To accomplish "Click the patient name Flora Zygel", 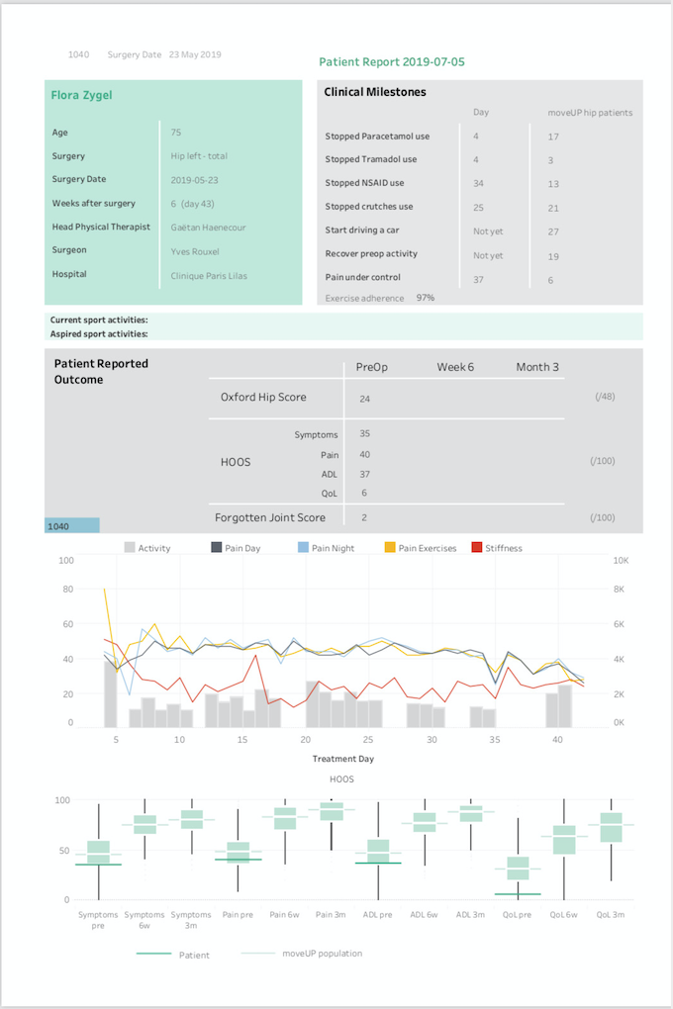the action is (82, 95).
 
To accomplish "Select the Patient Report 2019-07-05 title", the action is (392, 61).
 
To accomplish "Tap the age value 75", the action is (176, 133).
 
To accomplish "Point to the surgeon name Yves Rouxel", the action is (195, 251).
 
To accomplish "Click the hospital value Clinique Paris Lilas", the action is (209, 275).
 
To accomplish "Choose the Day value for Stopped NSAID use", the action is (478, 183).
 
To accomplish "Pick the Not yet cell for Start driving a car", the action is (488, 231).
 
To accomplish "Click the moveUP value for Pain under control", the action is (550, 280).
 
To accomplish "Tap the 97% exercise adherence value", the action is (425, 298).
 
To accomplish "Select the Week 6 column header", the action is (455, 367).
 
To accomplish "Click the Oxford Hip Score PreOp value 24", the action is (364, 399).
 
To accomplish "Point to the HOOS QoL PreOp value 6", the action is (364, 493).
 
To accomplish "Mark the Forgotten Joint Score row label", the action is (270, 517).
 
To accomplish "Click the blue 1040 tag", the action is (72, 525).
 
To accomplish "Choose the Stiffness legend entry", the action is (497, 548).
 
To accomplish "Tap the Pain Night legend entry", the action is (327, 548).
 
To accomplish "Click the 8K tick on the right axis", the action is (619, 589).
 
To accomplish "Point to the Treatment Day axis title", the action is (343, 759).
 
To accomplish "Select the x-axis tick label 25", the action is (368, 739).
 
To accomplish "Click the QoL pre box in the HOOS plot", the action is (518, 869).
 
